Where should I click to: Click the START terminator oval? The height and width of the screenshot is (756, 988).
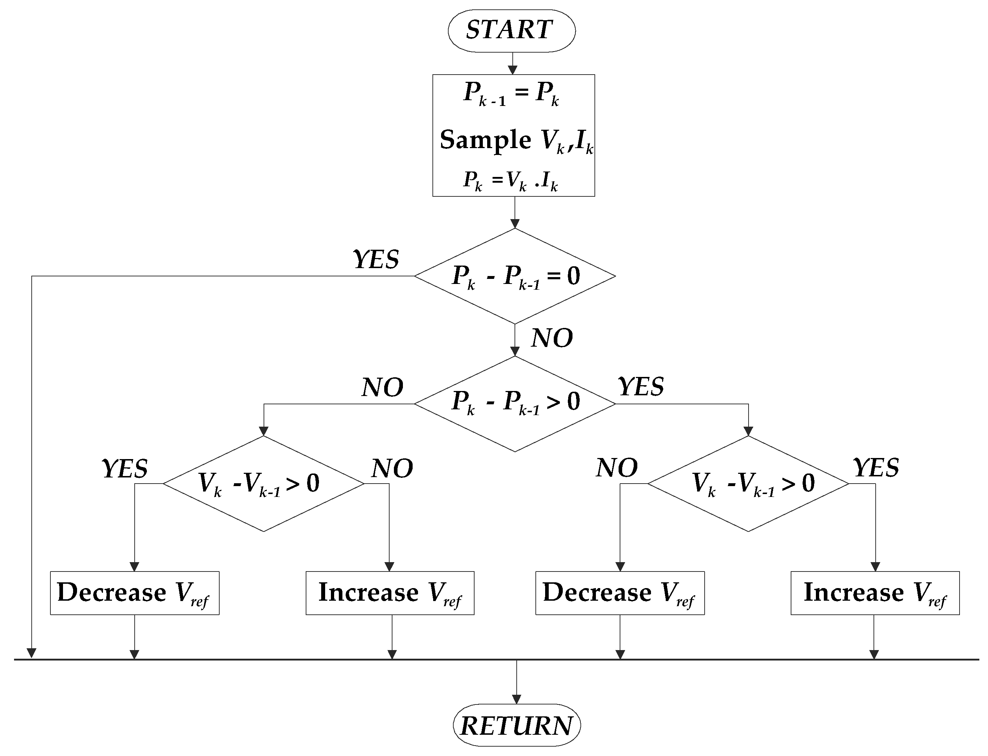511,30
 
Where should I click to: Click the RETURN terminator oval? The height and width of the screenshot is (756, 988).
516,726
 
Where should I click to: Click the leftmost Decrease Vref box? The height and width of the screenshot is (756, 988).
134,593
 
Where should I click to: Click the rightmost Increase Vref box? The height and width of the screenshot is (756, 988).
875,593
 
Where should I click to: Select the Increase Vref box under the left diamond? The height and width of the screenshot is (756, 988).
390,593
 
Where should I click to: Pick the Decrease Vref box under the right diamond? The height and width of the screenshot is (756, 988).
620,593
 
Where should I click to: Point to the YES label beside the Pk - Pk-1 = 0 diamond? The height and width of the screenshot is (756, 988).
376,260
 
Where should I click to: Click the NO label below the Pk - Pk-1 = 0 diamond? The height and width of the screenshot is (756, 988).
552,338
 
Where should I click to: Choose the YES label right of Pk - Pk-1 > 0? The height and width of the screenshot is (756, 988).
641,387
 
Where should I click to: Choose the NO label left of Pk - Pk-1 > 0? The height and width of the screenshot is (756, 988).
382,387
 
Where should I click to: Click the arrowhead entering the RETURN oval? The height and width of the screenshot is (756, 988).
516,699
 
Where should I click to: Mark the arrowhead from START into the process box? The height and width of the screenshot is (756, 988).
512,70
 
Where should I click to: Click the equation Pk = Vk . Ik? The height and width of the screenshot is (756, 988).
511,181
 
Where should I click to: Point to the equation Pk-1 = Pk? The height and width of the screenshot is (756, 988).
511,94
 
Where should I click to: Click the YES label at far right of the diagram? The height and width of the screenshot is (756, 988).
876,468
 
